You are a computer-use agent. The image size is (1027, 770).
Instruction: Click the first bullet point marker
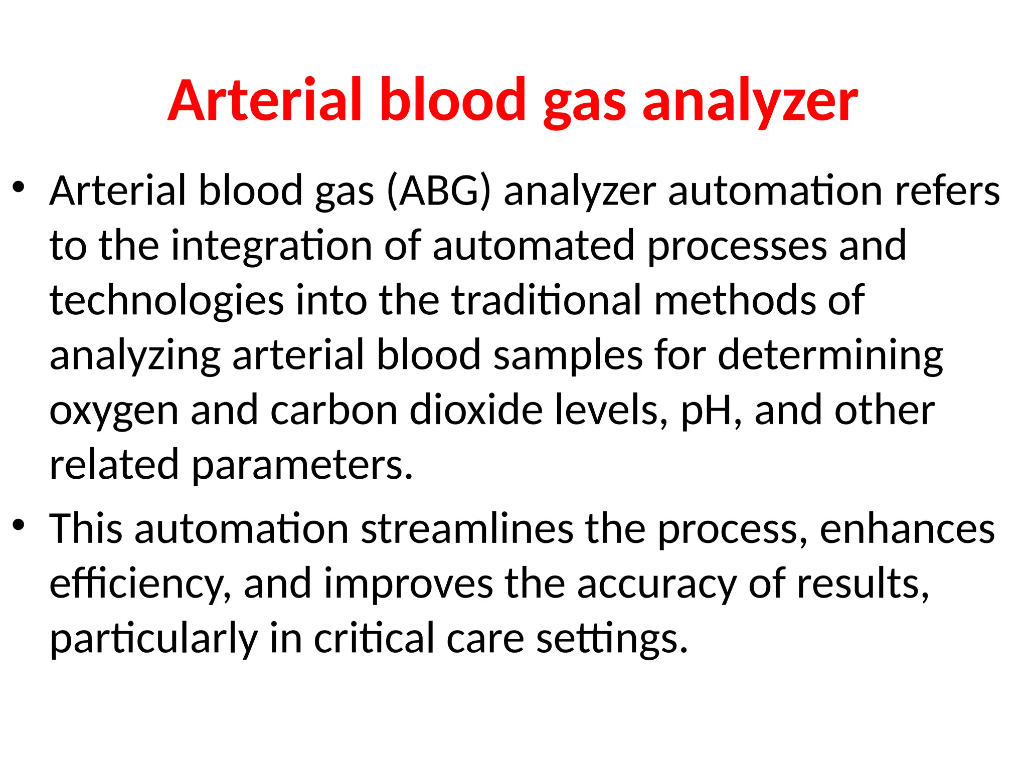tap(19, 188)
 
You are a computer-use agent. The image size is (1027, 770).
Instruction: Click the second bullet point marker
tap(19, 526)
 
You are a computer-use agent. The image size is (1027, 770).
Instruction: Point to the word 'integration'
tap(271, 246)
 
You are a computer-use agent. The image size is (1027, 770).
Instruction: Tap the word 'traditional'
tap(547, 300)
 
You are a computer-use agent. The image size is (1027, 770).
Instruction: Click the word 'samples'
tap(568, 355)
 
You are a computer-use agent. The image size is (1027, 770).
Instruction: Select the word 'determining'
tap(830, 355)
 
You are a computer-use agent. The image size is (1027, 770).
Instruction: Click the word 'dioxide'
tap(476, 410)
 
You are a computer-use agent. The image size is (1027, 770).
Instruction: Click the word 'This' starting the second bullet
tap(86, 528)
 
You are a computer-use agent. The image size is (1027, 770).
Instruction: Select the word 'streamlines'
tap(467, 528)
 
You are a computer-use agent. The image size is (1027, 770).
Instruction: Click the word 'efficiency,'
tap(140, 585)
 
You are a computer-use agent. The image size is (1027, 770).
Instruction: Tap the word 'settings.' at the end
tap(612, 639)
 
